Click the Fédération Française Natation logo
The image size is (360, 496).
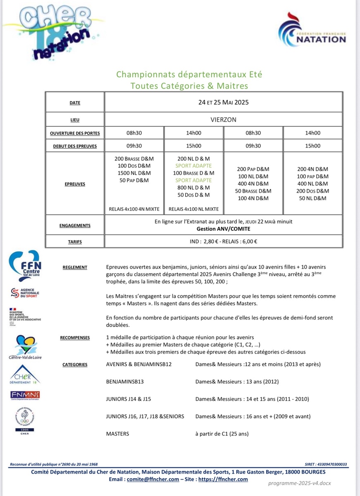[312, 31]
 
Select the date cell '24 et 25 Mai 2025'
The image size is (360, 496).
[223, 102]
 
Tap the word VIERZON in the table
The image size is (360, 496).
[223, 120]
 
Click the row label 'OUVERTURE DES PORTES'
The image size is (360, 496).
[75, 134]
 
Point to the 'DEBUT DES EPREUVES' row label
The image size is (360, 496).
[75, 146]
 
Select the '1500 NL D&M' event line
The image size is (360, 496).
[134, 173]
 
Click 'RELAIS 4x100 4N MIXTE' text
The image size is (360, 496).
[134, 209]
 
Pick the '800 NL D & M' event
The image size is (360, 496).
[194, 188]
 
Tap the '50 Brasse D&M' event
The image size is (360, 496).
[253, 191]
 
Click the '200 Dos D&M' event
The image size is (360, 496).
[313, 191]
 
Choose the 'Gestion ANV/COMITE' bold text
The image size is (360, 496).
[223, 229]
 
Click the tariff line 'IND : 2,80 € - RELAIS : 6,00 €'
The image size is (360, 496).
[223, 241]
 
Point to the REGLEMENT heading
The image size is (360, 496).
[75, 267]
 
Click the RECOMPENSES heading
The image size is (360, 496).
[75, 338]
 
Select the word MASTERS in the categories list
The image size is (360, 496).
[118, 434]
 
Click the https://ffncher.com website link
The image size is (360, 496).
[223, 479]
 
